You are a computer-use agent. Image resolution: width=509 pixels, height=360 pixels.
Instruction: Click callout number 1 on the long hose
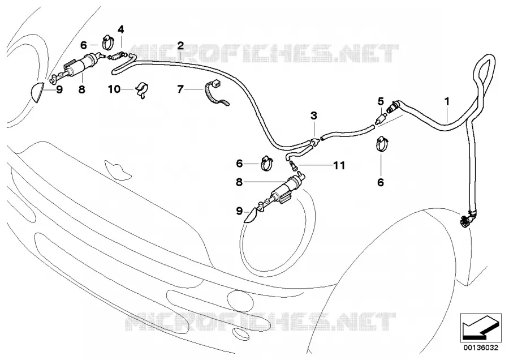click(447, 102)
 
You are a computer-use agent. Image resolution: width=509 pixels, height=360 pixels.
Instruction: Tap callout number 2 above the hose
click(180, 46)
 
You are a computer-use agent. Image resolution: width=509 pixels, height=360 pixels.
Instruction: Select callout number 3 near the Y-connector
click(313, 115)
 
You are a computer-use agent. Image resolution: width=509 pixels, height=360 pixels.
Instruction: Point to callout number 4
click(121, 30)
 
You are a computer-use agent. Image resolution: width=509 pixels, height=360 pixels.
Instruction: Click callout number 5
click(381, 102)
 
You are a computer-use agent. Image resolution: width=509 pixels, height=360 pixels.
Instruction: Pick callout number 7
click(180, 89)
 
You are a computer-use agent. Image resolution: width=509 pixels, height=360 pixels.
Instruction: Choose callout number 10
click(114, 89)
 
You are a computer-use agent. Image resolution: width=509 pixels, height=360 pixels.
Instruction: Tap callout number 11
click(339, 166)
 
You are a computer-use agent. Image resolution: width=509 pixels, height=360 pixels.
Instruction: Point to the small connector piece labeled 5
click(380, 119)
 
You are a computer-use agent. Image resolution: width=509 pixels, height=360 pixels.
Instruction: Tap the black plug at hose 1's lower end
click(466, 220)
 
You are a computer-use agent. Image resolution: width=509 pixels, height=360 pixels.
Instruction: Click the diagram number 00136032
click(480, 348)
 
